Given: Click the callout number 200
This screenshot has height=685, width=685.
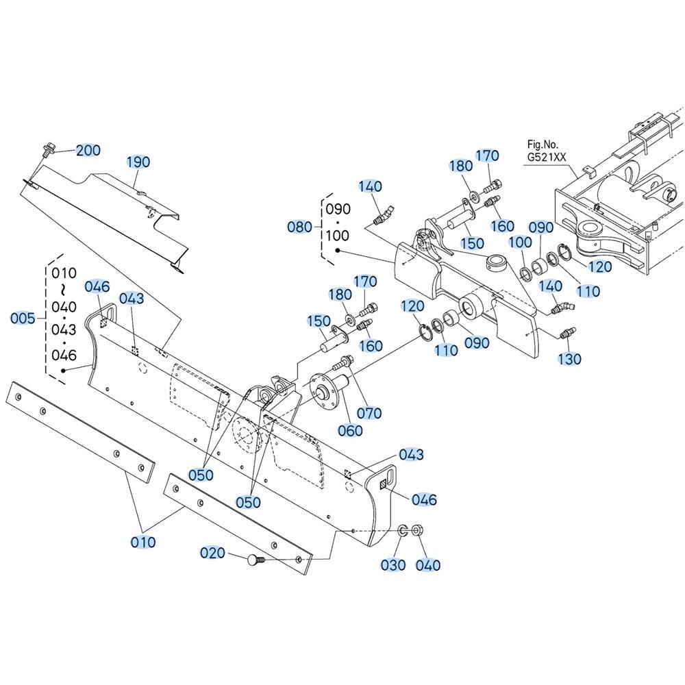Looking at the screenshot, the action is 88,150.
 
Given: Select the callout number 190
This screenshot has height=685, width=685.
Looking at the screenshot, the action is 138,162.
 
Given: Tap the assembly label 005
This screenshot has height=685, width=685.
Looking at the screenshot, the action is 23,318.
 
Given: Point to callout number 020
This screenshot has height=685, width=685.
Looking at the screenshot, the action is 212,553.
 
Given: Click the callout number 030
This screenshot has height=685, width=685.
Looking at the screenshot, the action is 393,565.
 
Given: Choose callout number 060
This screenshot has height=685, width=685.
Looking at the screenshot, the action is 350,431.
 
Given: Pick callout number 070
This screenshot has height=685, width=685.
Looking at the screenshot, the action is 370,413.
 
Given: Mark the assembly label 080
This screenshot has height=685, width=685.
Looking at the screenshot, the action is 300,227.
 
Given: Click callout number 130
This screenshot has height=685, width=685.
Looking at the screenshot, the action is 570,359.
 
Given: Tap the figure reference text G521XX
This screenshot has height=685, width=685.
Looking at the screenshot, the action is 547,158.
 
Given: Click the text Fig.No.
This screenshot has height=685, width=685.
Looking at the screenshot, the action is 543,144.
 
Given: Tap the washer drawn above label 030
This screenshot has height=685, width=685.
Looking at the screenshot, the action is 402,532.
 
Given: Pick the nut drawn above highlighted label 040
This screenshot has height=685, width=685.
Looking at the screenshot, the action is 417,531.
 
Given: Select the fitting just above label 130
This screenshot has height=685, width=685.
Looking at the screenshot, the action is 567,333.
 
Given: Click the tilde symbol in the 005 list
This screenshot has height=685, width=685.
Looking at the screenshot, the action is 64,290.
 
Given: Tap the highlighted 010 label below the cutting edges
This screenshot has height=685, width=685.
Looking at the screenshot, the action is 143,542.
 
